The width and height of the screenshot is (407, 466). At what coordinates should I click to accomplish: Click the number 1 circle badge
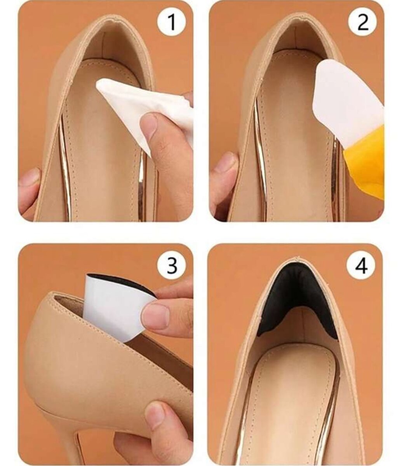172,22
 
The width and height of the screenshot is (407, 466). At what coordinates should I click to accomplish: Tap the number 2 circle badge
363,22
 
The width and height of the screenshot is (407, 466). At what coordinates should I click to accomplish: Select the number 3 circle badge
172,265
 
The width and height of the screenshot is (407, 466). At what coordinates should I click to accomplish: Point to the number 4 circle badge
361,266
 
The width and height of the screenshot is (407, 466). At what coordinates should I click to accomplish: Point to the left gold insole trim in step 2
260,160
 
